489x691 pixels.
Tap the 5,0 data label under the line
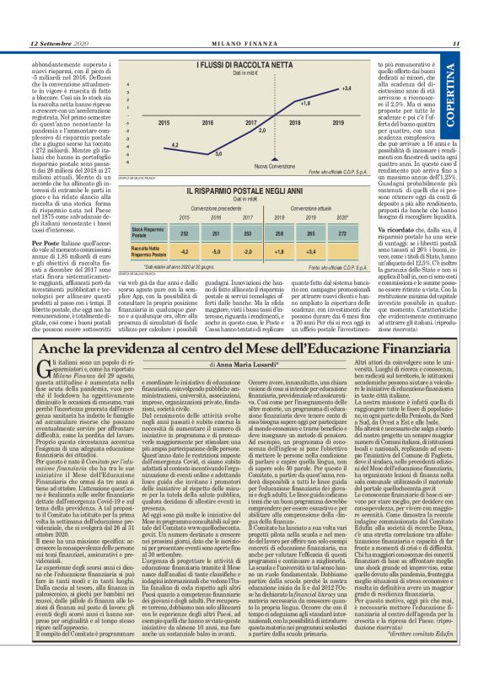[218, 153]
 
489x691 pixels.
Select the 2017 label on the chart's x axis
[250, 123]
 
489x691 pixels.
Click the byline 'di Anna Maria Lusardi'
[245, 363]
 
